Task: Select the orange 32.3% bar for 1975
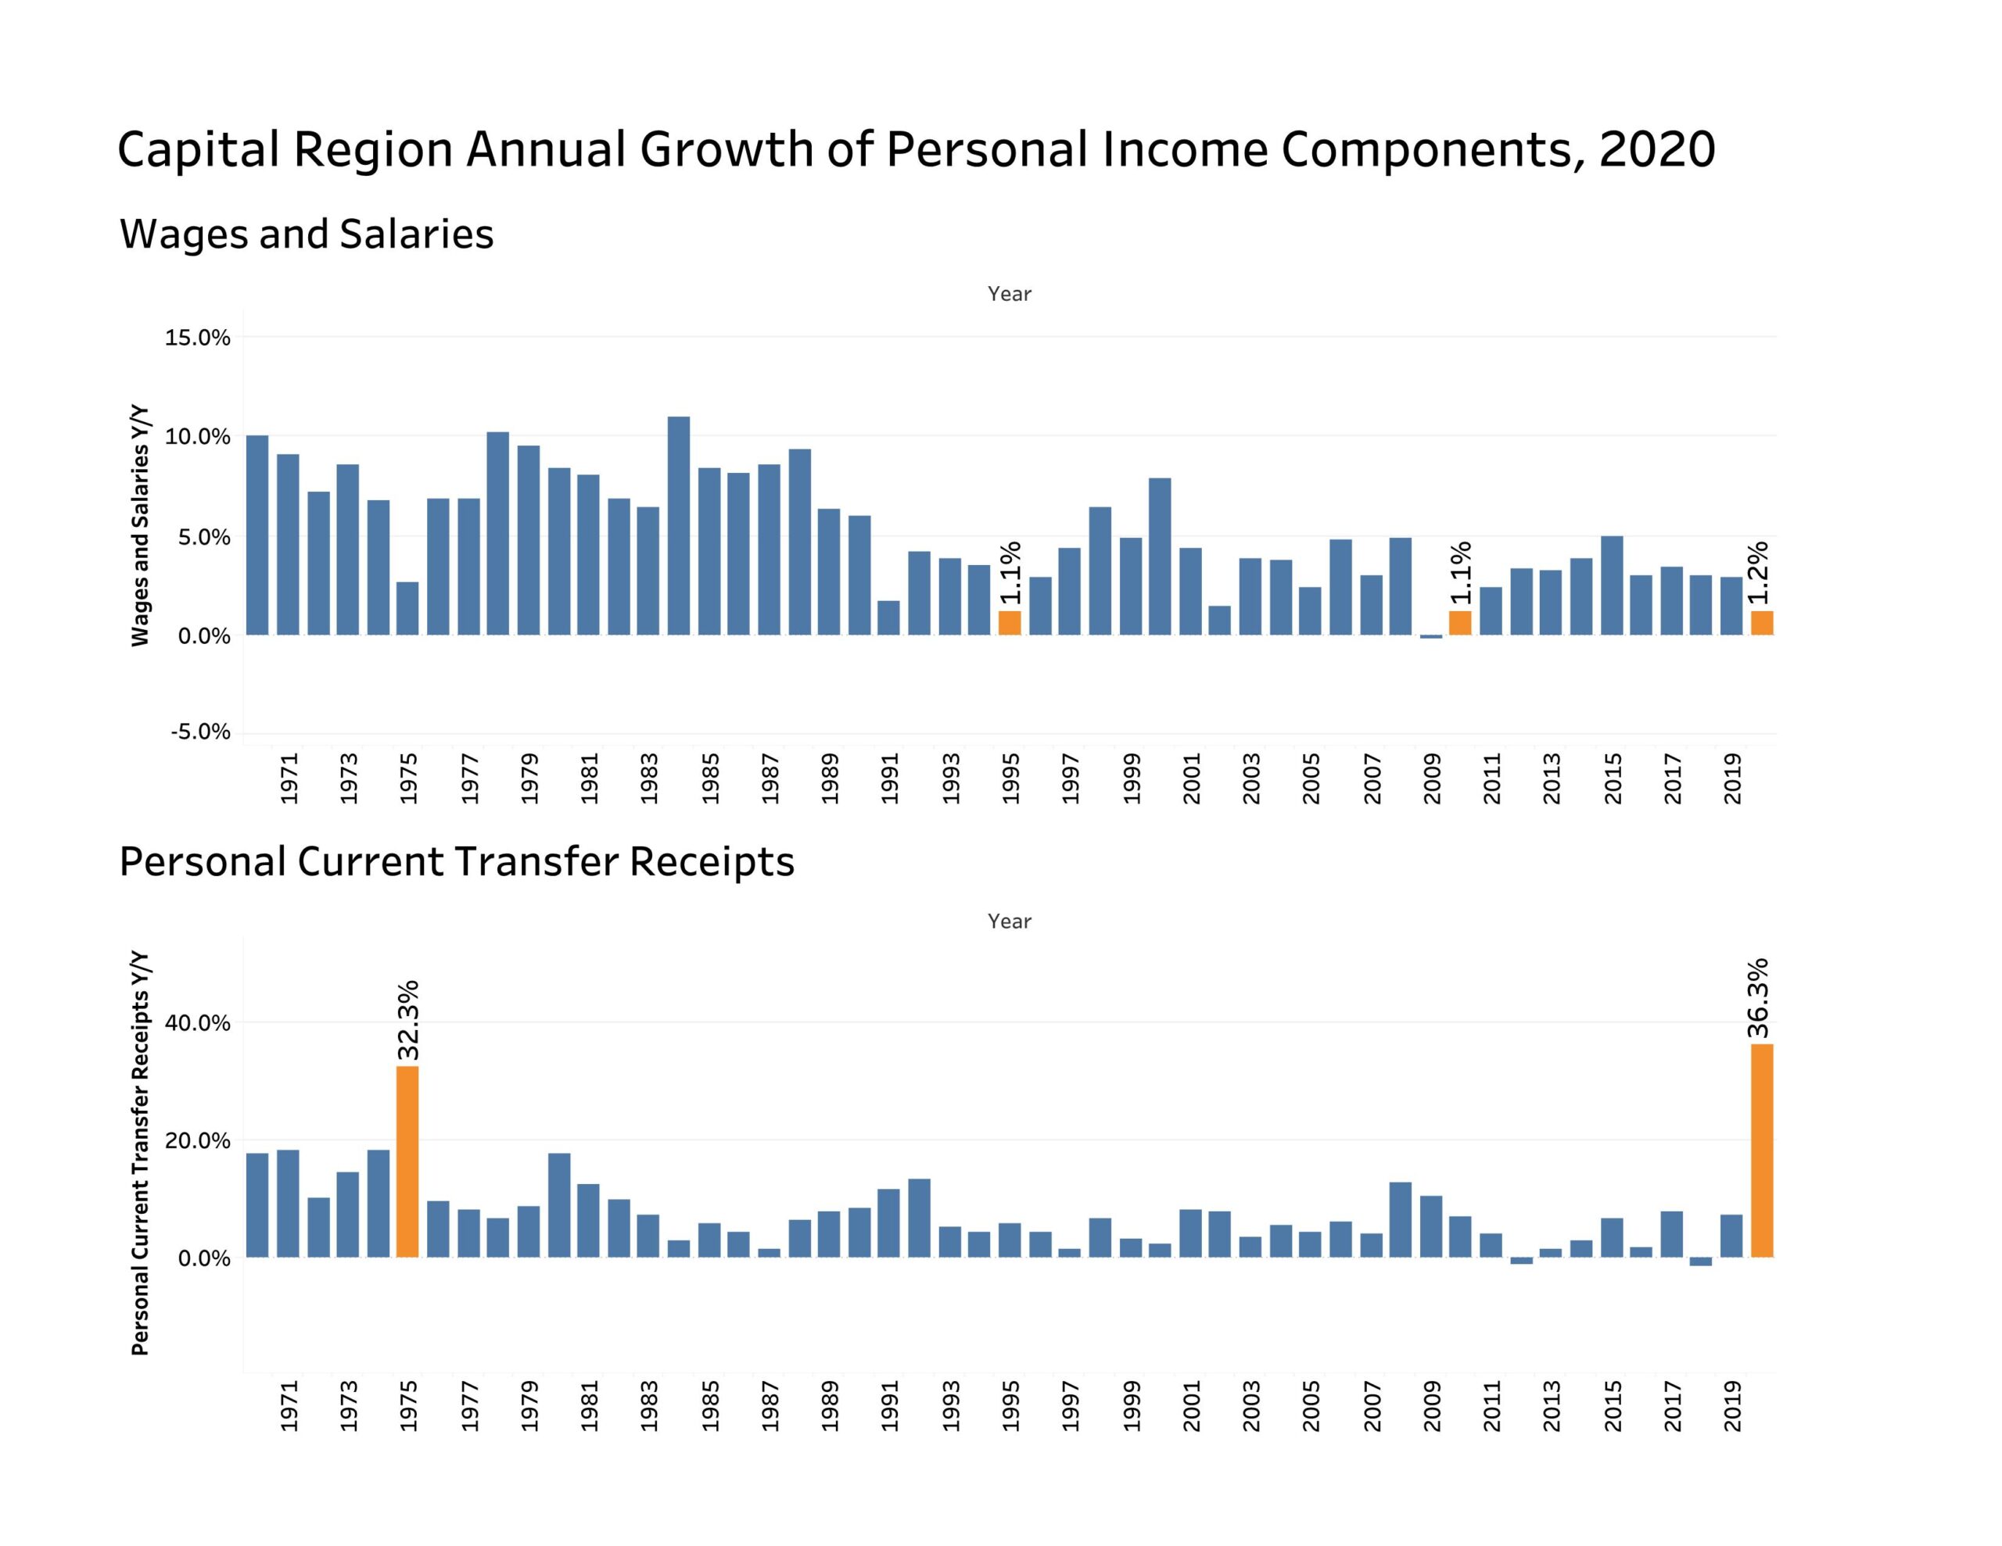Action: [x=407, y=1161]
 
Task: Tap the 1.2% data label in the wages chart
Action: [x=1757, y=573]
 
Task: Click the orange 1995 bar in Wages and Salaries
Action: [x=1010, y=623]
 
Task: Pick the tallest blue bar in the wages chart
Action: [x=678, y=526]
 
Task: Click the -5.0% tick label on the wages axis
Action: [x=200, y=732]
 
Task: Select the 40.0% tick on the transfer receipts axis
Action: [x=197, y=1024]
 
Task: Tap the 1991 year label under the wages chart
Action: [x=889, y=779]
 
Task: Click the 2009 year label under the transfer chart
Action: [x=1432, y=1407]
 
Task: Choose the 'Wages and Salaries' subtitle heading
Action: [x=307, y=234]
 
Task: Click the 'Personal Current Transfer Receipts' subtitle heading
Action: [x=457, y=862]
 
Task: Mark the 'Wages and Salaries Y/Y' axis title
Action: [x=140, y=526]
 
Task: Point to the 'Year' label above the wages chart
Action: [x=1010, y=294]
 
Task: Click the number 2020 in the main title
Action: [x=1656, y=150]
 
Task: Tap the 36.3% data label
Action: [x=1757, y=999]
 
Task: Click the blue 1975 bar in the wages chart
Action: [x=407, y=609]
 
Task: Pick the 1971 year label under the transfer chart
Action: [x=289, y=1407]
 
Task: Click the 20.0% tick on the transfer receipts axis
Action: [x=197, y=1141]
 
